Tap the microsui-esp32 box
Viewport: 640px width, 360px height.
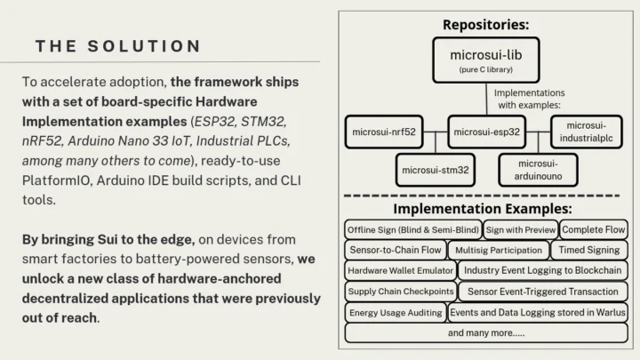[487, 132]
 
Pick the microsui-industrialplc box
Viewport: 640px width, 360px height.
[588, 132]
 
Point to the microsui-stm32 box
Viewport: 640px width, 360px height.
[436, 168]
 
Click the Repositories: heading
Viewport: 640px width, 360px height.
[486, 24]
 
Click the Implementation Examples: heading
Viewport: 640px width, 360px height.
[486, 208]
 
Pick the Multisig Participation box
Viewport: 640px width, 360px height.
[496, 250]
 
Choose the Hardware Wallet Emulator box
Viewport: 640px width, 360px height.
[400, 270]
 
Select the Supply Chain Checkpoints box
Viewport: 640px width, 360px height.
[400, 292]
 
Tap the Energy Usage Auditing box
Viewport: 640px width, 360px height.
[395, 312]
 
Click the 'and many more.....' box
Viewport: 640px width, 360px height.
[486, 332]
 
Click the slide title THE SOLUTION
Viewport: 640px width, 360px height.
[118, 46]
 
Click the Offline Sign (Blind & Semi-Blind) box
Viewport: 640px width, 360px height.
[413, 229]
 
